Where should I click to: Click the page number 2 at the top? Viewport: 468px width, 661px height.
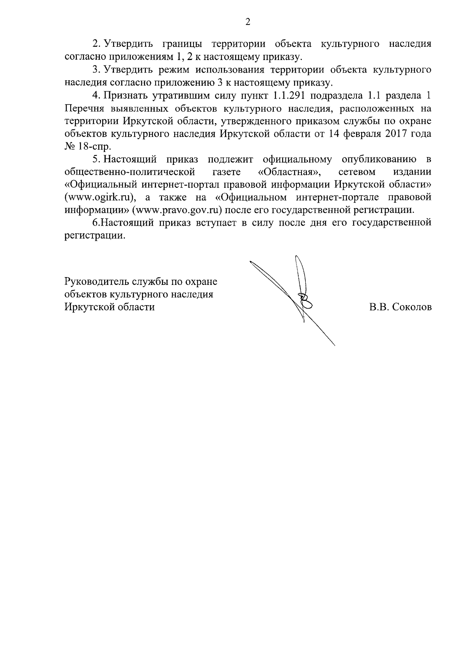tap(247, 22)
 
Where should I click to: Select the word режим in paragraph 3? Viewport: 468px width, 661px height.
tap(172, 70)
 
